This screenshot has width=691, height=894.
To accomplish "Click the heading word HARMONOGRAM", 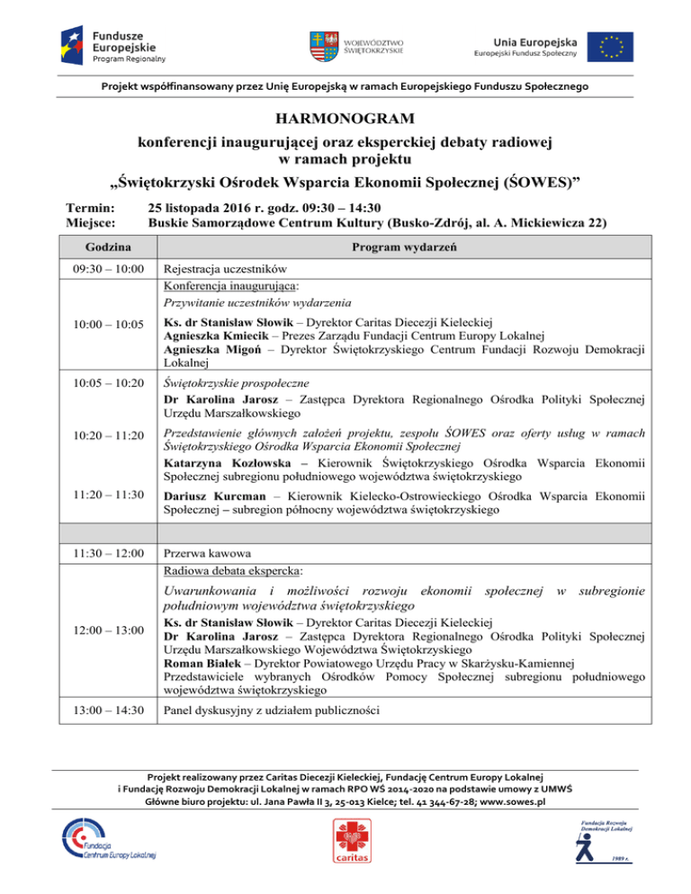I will pos(345,118).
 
